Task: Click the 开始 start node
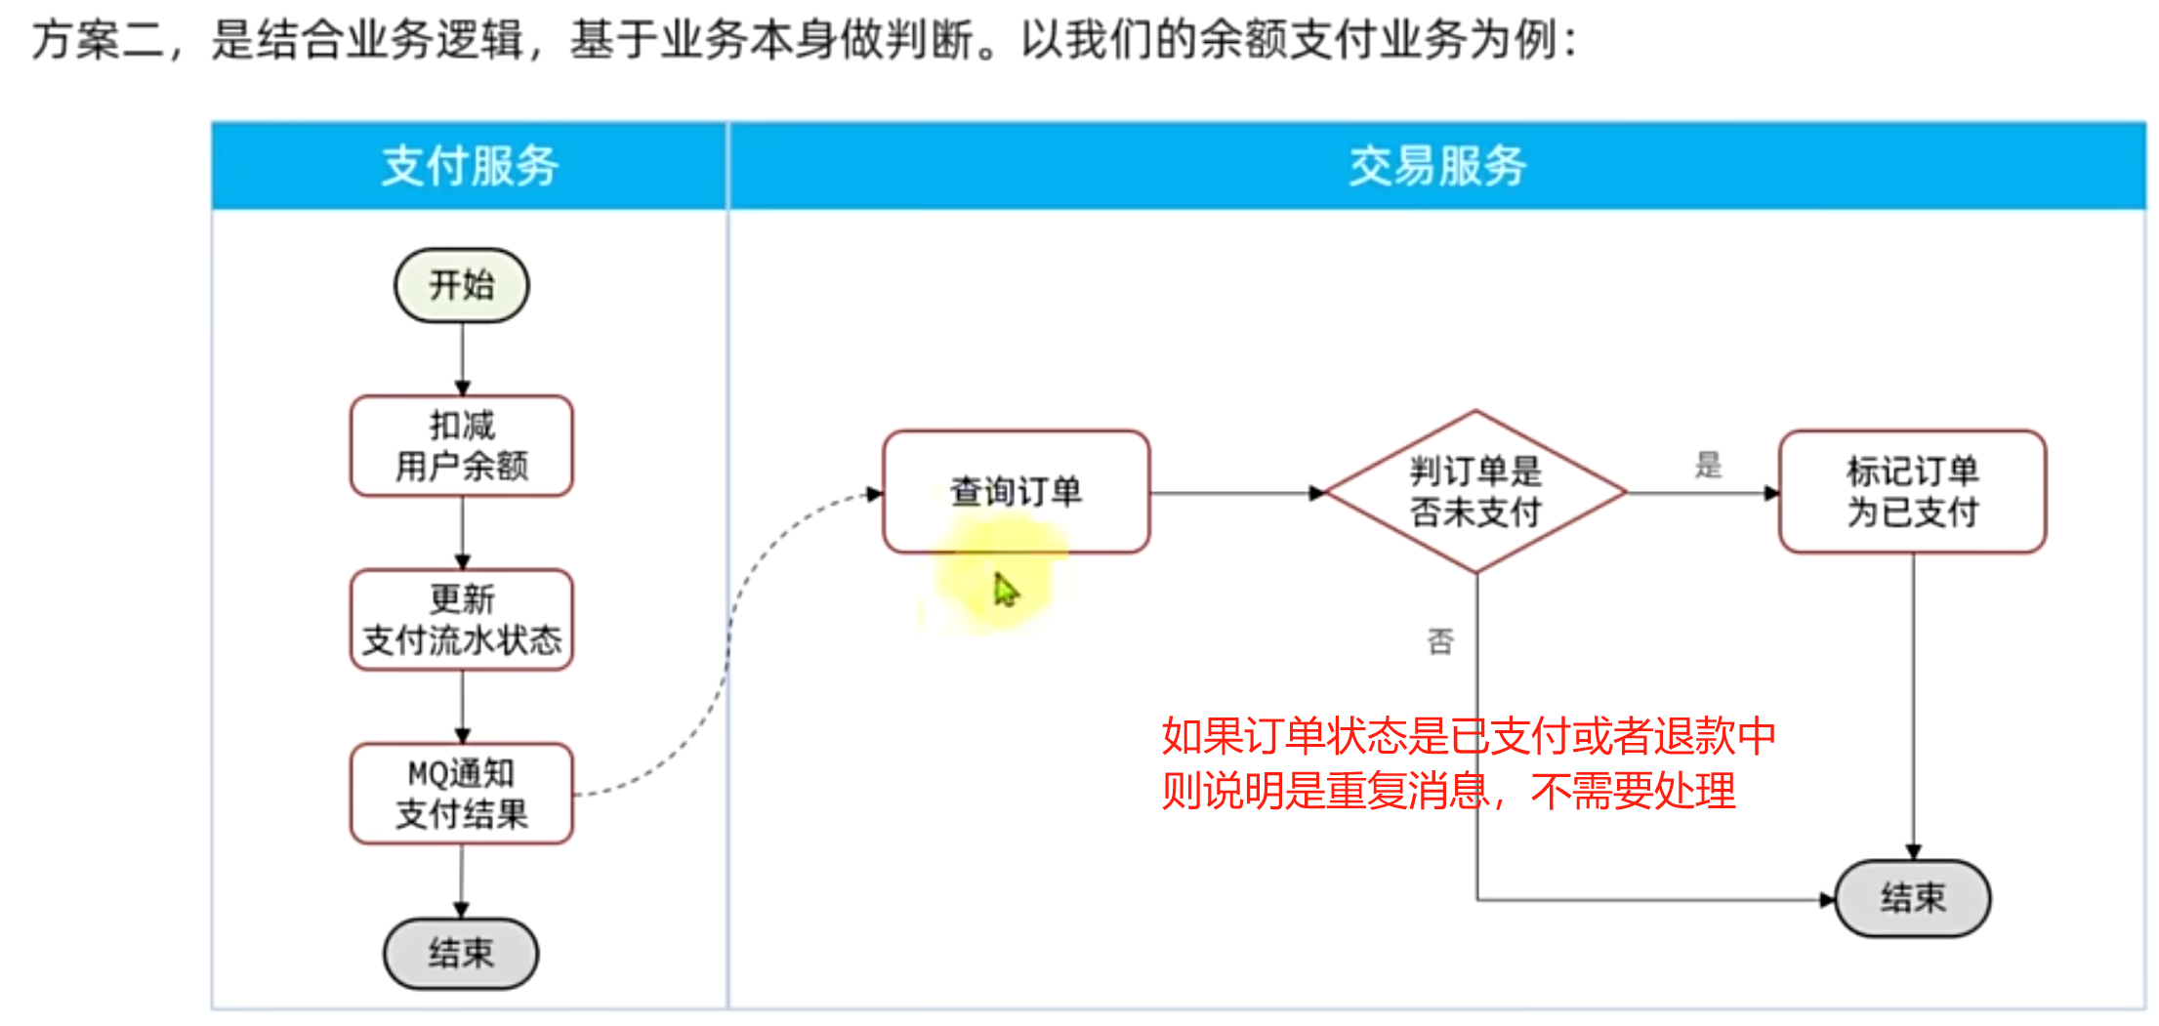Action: [x=461, y=285]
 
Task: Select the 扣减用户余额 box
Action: [x=461, y=445]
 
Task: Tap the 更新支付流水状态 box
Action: [x=461, y=620]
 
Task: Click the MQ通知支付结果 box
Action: [x=461, y=794]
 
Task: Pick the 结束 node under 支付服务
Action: [x=461, y=953]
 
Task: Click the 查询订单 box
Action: [x=1016, y=491]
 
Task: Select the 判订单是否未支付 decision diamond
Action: [x=1475, y=491]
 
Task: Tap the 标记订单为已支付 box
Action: [x=1912, y=491]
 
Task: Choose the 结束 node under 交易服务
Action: [x=1912, y=898]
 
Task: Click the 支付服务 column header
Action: [x=470, y=165]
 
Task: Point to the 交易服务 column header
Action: [x=1437, y=165]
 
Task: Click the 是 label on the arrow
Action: [x=1708, y=465]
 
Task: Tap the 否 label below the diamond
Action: [x=1440, y=641]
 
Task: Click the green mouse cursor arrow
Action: [x=1005, y=590]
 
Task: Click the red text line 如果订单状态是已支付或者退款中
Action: [x=1468, y=736]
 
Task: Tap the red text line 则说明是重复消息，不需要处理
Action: [x=1448, y=791]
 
